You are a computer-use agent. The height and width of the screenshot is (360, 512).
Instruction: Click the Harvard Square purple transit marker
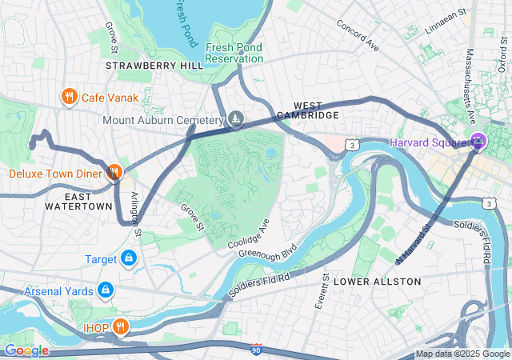pyautogui.click(x=478, y=142)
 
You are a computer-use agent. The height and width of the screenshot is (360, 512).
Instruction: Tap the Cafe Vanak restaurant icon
pyautogui.click(x=70, y=98)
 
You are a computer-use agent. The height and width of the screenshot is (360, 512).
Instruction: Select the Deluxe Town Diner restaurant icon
pyautogui.click(x=114, y=172)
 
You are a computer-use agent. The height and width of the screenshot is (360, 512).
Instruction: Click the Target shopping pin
pyautogui.click(x=128, y=258)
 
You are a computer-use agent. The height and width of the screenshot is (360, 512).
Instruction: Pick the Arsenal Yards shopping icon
pyautogui.click(x=105, y=290)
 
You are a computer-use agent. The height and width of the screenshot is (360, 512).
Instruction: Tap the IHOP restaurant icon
pyautogui.click(x=120, y=326)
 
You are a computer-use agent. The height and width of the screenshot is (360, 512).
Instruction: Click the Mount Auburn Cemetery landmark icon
pyautogui.click(x=235, y=119)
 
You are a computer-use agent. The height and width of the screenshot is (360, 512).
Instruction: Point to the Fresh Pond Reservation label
pyautogui.click(x=234, y=53)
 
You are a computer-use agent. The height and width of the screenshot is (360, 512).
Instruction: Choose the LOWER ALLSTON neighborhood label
pyautogui.click(x=377, y=282)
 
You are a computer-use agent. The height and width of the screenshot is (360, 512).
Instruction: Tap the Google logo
pyautogui.click(x=26, y=350)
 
